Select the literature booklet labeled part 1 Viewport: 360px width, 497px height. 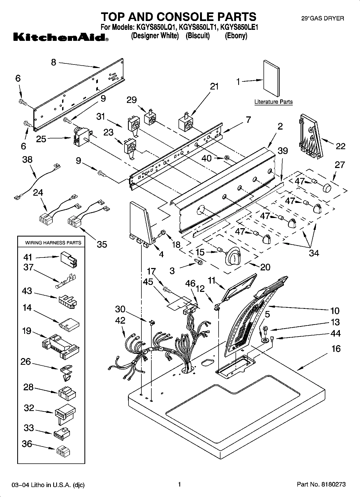pos(271,78)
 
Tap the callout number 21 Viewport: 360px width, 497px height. pos(214,87)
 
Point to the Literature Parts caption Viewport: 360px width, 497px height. pos(273,102)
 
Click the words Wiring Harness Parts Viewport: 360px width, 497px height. pos(53,242)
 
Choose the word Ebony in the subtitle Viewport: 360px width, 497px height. pos(236,36)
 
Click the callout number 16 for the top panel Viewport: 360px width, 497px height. pos(336,349)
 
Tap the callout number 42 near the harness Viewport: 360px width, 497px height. pos(120,320)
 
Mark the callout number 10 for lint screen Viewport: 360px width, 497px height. pos(335,310)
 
